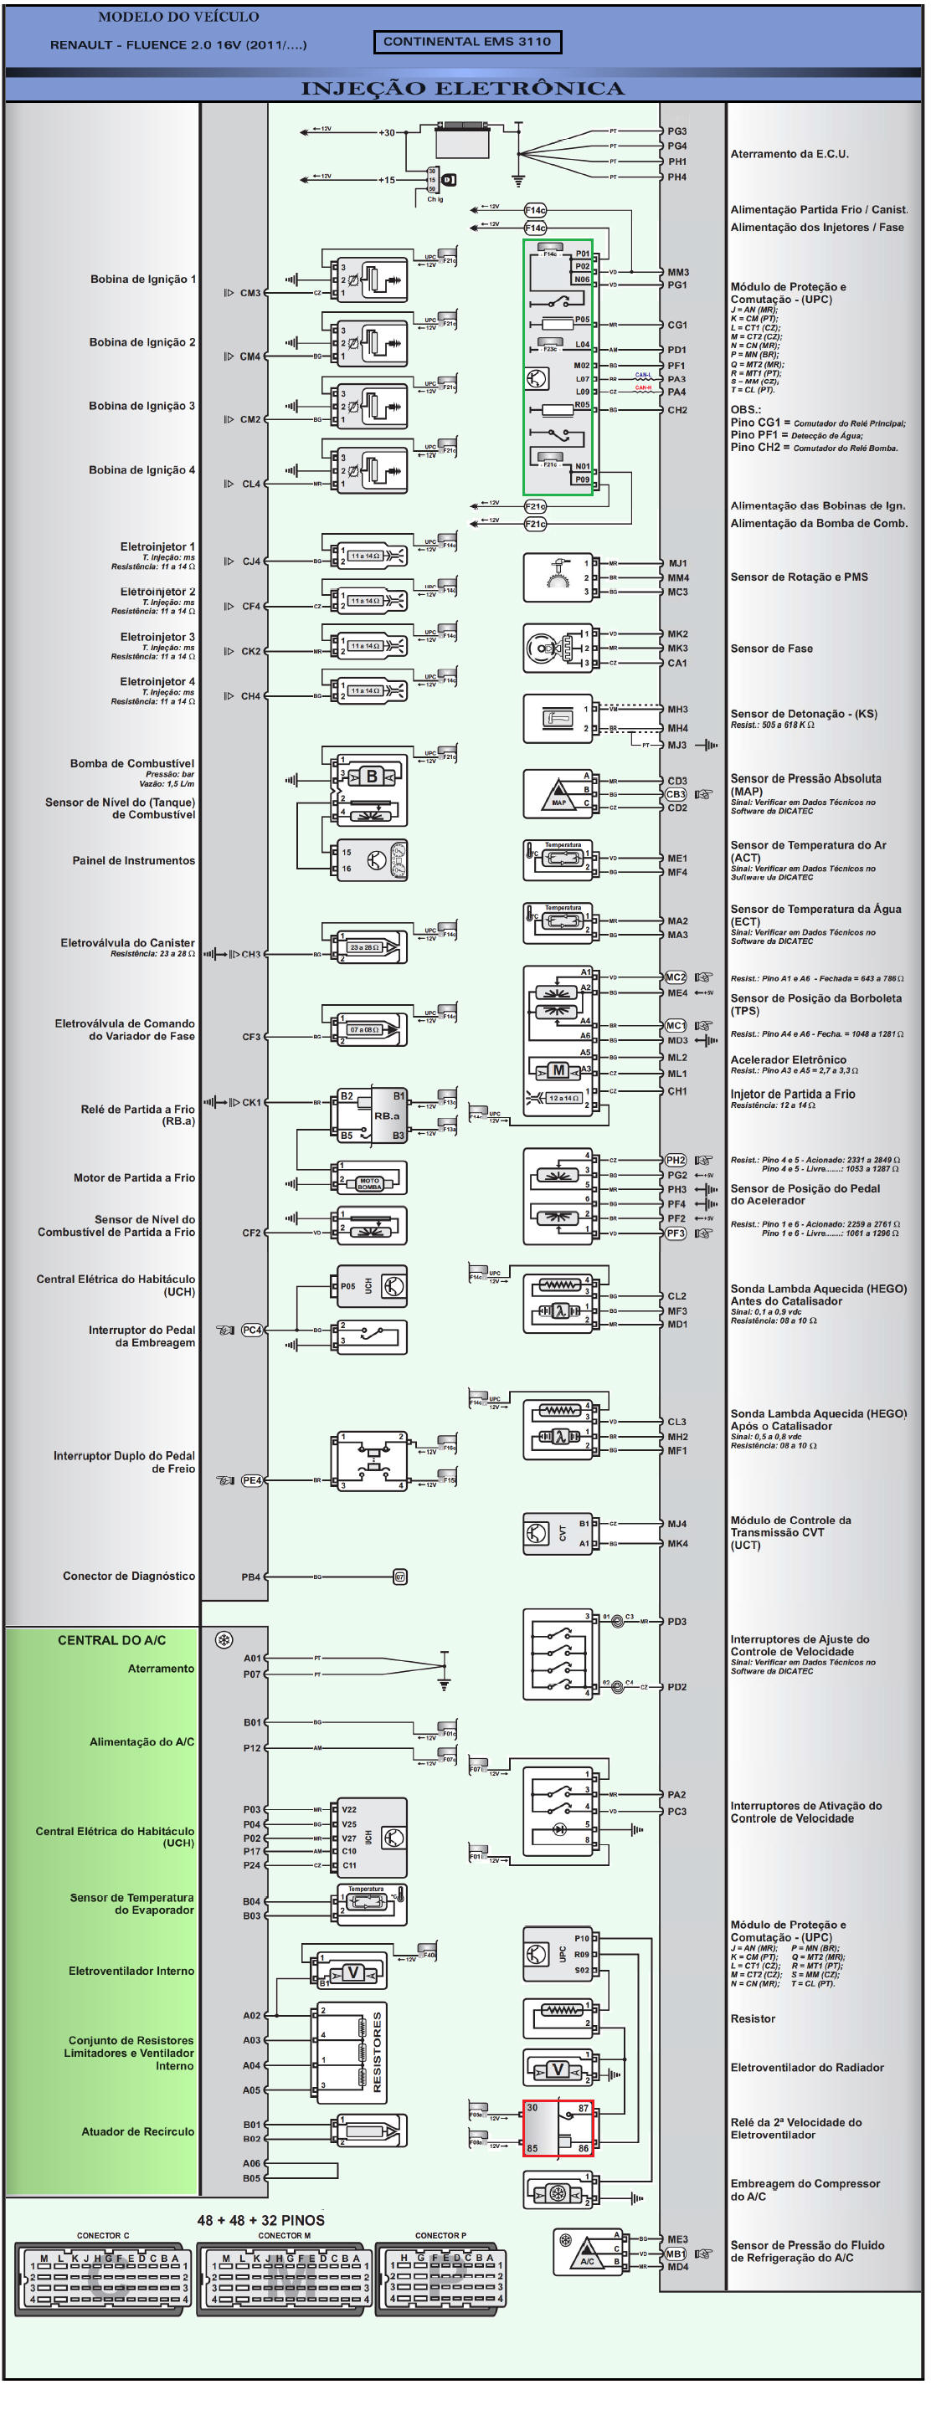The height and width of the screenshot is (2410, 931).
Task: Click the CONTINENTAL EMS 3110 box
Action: click(467, 41)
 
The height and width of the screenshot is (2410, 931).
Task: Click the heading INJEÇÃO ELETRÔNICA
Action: click(462, 89)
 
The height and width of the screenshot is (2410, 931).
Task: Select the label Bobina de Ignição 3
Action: click(142, 406)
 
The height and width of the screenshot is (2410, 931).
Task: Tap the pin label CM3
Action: click(249, 293)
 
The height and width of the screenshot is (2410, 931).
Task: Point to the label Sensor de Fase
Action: click(771, 649)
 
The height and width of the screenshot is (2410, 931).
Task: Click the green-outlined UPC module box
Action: click(558, 367)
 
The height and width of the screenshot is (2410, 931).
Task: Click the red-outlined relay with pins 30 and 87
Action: click(558, 2128)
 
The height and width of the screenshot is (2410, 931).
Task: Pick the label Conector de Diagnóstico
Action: click(129, 1577)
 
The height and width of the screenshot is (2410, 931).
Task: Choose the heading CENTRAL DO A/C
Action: click(111, 1640)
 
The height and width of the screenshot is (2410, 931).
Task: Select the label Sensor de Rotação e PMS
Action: click(798, 577)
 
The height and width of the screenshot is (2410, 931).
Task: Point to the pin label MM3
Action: click(677, 272)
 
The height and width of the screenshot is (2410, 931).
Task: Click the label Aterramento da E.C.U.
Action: click(789, 154)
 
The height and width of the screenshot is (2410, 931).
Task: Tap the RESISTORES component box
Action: click(349, 2053)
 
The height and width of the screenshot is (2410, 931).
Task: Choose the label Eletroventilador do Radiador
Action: click(806, 2068)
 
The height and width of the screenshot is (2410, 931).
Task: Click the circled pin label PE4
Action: click(252, 1481)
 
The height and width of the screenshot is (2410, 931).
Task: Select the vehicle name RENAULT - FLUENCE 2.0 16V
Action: click(177, 45)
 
